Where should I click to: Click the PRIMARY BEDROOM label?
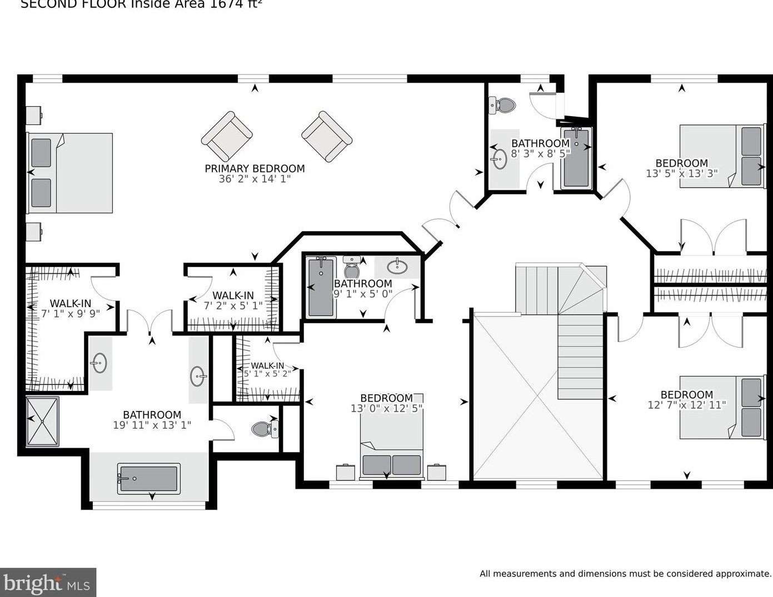(x=255, y=168)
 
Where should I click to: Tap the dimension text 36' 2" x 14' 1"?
(x=255, y=179)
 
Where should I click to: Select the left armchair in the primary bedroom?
(x=227, y=136)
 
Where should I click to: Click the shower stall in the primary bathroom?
(x=43, y=421)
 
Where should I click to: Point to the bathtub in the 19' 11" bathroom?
(x=148, y=478)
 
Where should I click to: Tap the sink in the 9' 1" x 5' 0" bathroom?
(x=397, y=267)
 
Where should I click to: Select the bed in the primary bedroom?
(x=70, y=173)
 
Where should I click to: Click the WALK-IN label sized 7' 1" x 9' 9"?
(x=70, y=303)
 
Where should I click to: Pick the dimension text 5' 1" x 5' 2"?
(x=267, y=374)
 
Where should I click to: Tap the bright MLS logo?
(x=48, y=583)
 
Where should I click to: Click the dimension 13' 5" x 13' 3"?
(x=681, y=173)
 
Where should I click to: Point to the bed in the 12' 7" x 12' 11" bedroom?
(x=722, y=407)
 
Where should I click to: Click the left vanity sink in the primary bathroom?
(x=99, y=363)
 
